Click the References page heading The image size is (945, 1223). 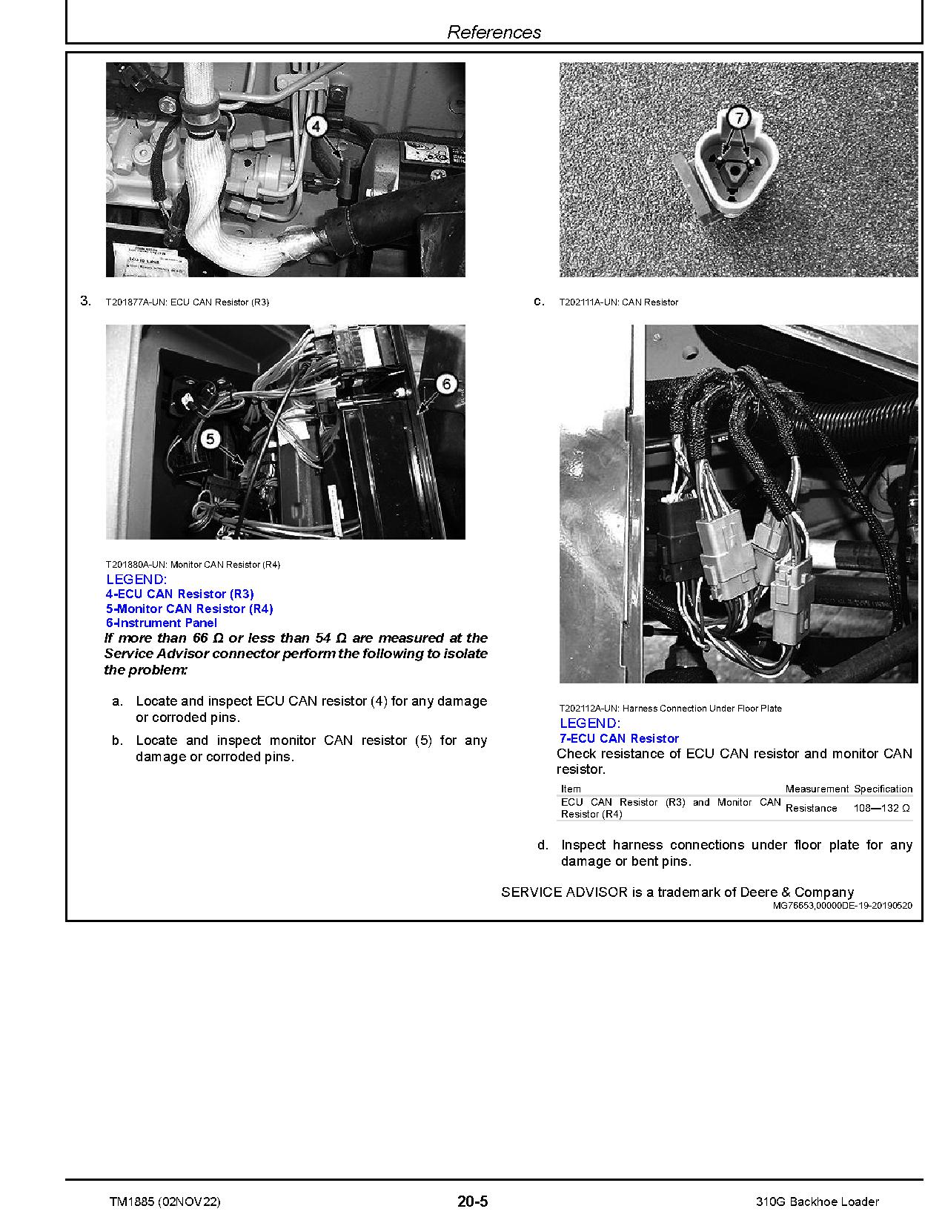point(494,32)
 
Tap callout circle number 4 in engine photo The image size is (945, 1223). point(316,127)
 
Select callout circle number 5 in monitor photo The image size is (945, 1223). point(211,440)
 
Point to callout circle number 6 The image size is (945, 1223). point(446,384)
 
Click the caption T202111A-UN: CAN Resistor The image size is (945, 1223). point(618,302)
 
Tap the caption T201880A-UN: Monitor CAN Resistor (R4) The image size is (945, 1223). point(193,565)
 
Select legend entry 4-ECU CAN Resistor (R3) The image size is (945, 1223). point(179,594)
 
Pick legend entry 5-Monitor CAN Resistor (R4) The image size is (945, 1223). point(189,609)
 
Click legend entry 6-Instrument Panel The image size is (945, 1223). point(162,623)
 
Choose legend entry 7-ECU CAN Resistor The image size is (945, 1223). point(619,738)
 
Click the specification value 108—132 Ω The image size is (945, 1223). point(881,808)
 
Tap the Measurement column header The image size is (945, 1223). point(817,789)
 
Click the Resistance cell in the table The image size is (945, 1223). point(811,808)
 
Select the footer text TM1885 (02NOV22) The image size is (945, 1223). point(164,1202)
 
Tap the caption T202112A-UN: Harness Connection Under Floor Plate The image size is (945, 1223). point(670,709)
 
